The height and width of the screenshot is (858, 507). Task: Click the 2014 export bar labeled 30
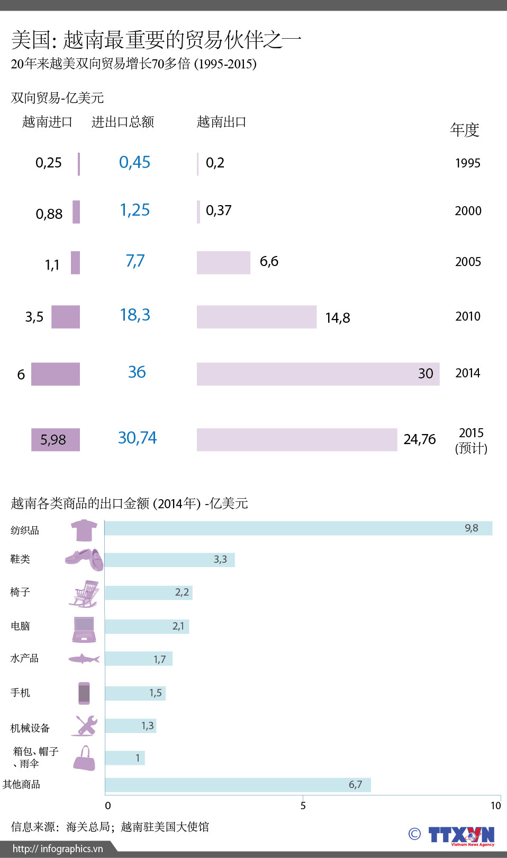(318, 374)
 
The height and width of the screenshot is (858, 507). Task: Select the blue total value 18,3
(135, 315)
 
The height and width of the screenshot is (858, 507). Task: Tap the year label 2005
(468, 262)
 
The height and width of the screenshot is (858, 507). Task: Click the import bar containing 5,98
(56, 440)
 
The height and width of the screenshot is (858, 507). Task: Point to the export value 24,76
(420, 439)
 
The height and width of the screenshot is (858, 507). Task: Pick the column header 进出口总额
(123, 122)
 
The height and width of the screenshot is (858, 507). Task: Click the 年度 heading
(465, 130)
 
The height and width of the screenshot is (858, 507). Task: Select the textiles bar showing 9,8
(298, 528)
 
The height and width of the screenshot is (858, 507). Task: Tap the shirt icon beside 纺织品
(84, 530)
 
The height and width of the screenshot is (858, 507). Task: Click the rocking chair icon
(85, 594)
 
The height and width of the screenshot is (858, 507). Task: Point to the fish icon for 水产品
(84, 659)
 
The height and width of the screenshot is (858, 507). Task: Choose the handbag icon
(84, 759)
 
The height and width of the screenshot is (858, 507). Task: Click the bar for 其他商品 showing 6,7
(238, 785)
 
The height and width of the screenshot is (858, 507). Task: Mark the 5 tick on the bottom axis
(303, 806)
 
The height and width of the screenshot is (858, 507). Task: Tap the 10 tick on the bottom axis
(495, 806)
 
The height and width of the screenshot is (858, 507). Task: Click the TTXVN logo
(461, 835)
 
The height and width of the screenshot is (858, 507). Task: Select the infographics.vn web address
(58, 848)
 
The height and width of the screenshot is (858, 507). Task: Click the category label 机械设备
(30, 728)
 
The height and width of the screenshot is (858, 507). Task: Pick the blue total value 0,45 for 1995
(134, 162)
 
